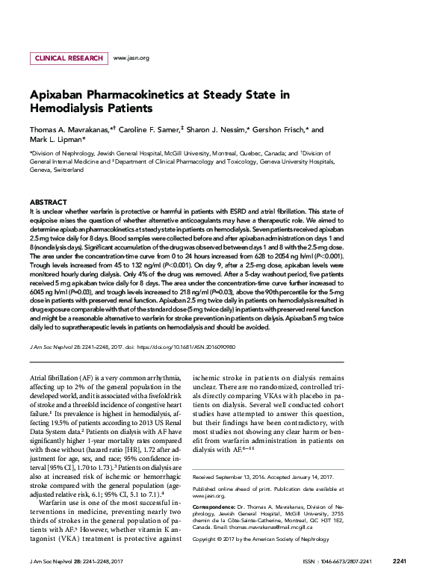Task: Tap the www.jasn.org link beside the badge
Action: pos(131,58)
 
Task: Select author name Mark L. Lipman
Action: pos(57,140)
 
